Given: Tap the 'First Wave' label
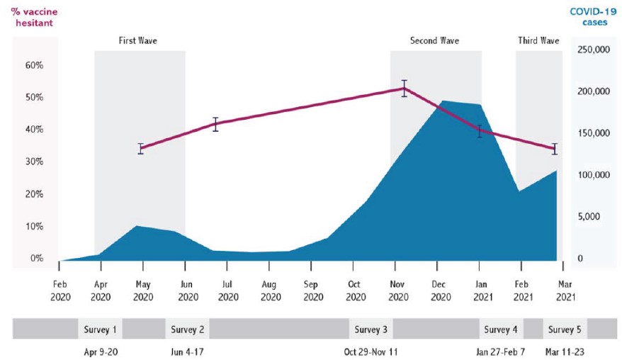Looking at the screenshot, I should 137,40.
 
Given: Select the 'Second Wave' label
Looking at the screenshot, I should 434,40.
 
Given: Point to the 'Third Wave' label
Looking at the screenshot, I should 538,40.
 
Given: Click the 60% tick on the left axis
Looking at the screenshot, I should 34,65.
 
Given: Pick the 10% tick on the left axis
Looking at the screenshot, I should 34,227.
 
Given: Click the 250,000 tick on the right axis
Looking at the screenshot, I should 594,50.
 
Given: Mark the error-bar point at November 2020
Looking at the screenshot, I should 404,89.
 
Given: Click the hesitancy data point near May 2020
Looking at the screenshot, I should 141,148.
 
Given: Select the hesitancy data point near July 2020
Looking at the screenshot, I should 216,123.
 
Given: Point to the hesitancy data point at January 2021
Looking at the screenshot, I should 480,131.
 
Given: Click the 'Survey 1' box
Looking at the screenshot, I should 100,330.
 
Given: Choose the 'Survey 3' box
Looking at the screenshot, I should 371,330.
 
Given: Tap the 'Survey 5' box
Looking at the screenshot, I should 565,330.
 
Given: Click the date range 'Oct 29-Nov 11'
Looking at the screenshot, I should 371,351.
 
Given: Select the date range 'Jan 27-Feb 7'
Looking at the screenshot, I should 500,351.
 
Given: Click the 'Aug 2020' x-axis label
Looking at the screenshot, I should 269,291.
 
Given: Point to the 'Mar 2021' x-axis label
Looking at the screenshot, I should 565,291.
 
